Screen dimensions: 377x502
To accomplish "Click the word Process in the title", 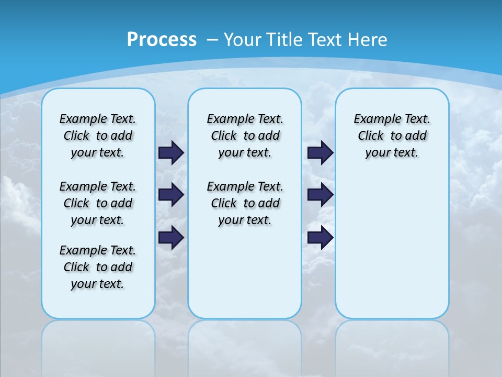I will tap(162, 39).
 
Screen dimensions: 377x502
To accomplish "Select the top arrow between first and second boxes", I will tap(171, 152).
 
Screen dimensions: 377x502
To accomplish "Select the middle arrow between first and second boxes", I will tap(171, 195).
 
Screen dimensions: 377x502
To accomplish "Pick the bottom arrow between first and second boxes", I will tap(171, 237).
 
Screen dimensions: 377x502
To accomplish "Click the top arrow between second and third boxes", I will tap(321, 152).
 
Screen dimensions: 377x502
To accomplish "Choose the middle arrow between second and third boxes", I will tap(321, 195).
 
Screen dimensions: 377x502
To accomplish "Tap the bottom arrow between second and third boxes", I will tap(321, 237).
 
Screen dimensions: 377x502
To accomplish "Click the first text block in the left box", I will tap(98, 136).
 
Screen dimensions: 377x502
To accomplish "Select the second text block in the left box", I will tap(98, 203).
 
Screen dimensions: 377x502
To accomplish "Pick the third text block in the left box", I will tap(98, 267).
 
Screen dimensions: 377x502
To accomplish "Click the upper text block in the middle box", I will tap(245, 136).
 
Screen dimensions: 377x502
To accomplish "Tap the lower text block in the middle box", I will tap(245, 203).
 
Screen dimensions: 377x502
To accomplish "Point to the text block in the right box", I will tap(392, 136).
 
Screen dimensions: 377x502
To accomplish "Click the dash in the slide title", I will tap(212, 39).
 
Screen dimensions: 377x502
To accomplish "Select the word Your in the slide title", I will tap(243, 39).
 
